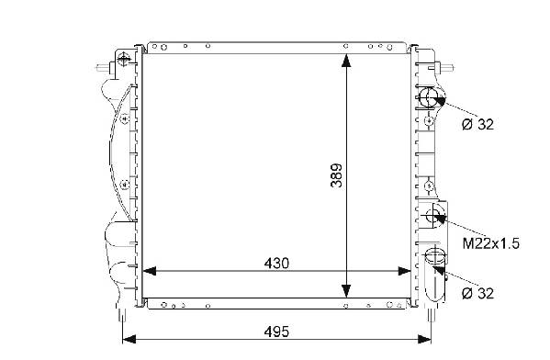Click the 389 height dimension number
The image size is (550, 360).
pyautogui.click(x=336, y=175)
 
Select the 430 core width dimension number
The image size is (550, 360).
pyautogui.click(x=276, y=264)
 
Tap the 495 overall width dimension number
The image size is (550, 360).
pyautogui.click(x=276, y=332)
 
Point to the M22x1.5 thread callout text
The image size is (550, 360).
pyautogui.click(x=490, y=243)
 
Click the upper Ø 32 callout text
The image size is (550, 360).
pyautogui.click(x=477, y=124)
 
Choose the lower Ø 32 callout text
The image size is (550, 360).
pyautogui.click(x=477, y=293)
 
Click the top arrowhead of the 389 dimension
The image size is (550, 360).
pyautogui.click(x=346, y=61)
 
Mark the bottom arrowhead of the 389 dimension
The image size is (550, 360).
pyautogui.click(x=346, y=291)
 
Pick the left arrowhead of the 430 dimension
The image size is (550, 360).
pyautogui.click(x=150, y=271)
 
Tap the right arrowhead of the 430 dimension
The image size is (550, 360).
pyautogui.click(x=404, y=271)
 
